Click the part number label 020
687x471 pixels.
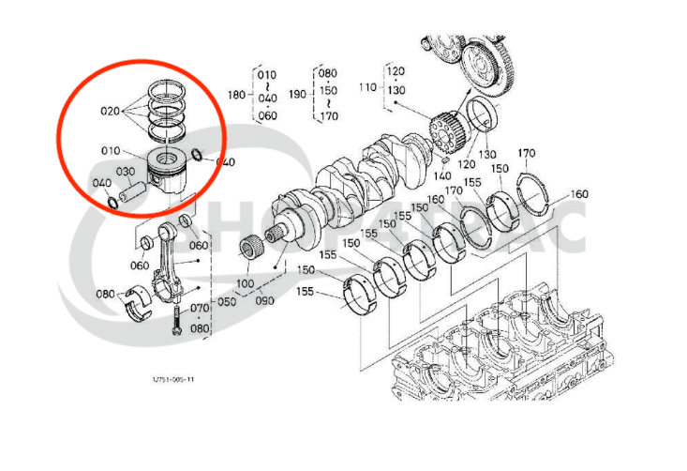click(x=111, y=110)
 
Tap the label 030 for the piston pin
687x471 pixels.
click(x=126, y=172)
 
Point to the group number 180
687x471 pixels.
click(x=237, y=94)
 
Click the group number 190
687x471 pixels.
click(x=298, y=94)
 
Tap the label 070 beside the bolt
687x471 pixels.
click(x=200, y=307)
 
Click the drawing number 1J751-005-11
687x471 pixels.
click(x=174, y=380)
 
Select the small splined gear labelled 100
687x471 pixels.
click(x=249, y=251)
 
